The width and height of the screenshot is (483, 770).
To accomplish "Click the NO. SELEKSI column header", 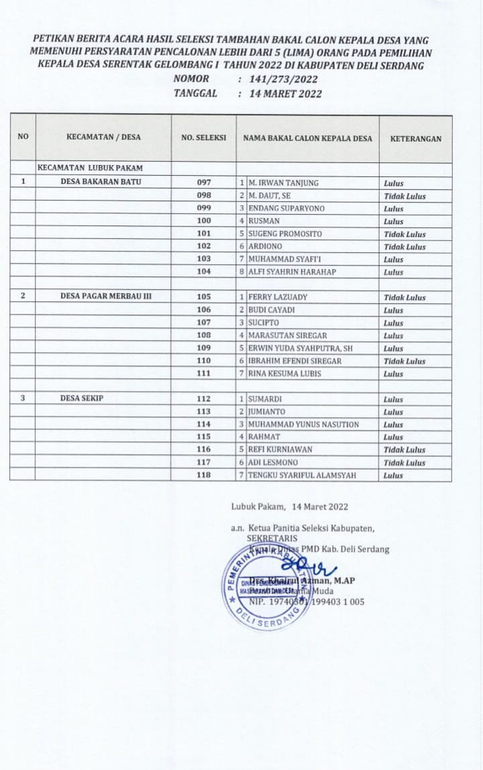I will pos(203,138).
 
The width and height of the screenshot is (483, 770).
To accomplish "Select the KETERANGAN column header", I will pos(415,139).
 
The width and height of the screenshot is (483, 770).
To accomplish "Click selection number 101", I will pos(204,234).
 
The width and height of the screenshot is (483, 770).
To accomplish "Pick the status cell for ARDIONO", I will pos(405,247).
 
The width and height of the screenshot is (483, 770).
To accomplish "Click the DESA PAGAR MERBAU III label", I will pos(106,296).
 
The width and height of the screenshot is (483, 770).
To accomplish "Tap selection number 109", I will pos(204,348).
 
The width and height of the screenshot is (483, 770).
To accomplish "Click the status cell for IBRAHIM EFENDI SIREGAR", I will pos(405,361).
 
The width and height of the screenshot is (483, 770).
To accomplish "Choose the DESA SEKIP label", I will pos(82,398).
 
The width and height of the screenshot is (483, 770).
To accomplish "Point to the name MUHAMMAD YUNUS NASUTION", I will pos(303,425).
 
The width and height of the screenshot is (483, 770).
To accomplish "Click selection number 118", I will pos(204,475).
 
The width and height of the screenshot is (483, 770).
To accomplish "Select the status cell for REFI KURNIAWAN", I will pos(405,450).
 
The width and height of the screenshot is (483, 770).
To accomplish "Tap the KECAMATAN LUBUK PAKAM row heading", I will pos(91,168).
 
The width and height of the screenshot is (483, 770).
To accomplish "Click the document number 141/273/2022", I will pos(283,79).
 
